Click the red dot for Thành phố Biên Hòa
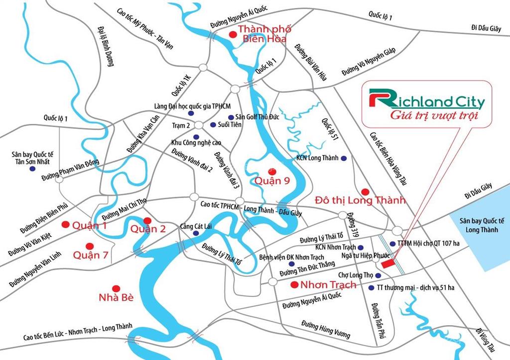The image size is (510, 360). click(233, 34)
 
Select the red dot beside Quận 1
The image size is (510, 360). click(65, 225)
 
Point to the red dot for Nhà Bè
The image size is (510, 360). click(116, 288)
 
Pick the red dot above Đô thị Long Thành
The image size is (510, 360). click(365, 192)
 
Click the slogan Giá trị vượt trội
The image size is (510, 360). click(427, 116)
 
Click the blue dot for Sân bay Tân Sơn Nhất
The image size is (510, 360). click(32, 169)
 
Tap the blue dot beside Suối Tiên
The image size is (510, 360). click(213, 124)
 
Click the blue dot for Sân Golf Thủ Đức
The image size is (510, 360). click(231, 117)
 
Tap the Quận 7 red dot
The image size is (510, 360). click(90, 246)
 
